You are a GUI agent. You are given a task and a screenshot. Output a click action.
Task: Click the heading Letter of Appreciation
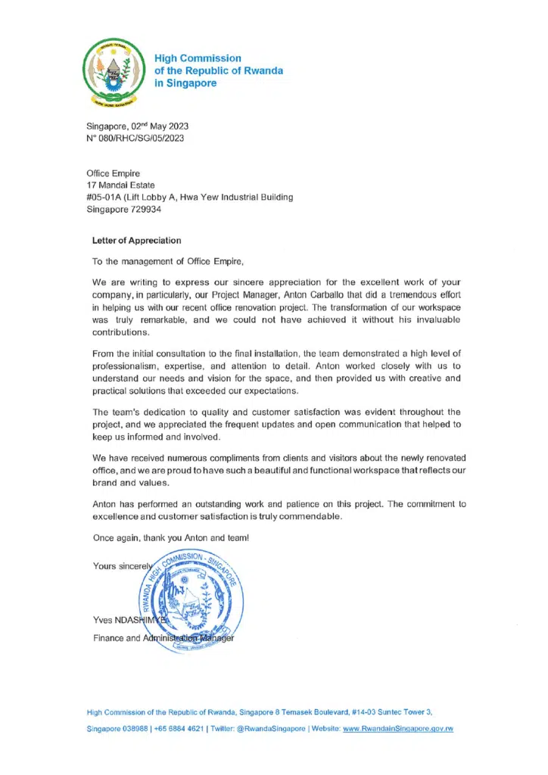tap(136, 241)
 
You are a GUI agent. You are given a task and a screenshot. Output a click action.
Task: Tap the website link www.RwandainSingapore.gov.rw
tap(398, 729)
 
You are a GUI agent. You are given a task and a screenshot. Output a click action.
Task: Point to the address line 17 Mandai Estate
tap(121, 185)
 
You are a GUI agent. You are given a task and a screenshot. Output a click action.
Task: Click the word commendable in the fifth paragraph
tap(304, 517)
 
